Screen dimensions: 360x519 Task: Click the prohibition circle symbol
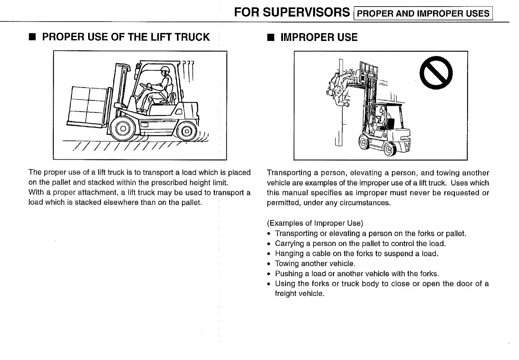(436, 73)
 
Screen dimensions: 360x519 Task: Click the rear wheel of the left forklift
(187, 131)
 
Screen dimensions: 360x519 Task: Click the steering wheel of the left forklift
(144, 85)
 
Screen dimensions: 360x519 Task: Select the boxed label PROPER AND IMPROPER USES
(423, 13)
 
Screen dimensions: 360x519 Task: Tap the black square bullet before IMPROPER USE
(270, 38)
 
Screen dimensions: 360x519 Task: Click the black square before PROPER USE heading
(32, 37)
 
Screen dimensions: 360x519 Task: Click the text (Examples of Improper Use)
(315, 223)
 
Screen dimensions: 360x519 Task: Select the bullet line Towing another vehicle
(315, 263)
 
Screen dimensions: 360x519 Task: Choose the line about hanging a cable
(356, 253)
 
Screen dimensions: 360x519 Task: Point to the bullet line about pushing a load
(357, 273)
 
